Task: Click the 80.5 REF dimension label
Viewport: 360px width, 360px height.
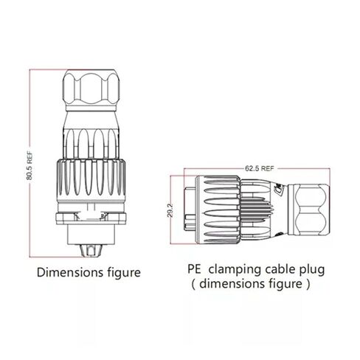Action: coord(30,166)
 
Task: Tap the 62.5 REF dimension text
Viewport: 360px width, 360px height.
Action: coord(259,168)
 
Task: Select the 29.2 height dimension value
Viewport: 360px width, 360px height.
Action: coord(170,210)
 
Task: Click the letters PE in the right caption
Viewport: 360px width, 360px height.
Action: coord(194,269)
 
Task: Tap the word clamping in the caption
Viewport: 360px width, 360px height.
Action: coord(235,270)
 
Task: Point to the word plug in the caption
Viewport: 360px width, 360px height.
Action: coord(312,270)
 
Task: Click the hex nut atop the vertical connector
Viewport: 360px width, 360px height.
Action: coord(91,88)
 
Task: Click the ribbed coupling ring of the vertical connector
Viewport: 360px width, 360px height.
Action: coord(91,178)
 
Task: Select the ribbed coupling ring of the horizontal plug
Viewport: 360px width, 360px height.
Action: coord(218,210)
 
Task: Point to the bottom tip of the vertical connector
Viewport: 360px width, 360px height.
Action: coord(91,256)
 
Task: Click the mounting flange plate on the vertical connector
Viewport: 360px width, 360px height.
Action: coord(91,218)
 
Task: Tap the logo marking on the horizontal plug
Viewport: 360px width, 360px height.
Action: coord(280,190)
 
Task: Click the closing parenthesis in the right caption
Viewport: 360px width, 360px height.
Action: coord(308,285)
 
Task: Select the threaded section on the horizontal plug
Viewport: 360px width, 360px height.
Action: coord(257,210)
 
